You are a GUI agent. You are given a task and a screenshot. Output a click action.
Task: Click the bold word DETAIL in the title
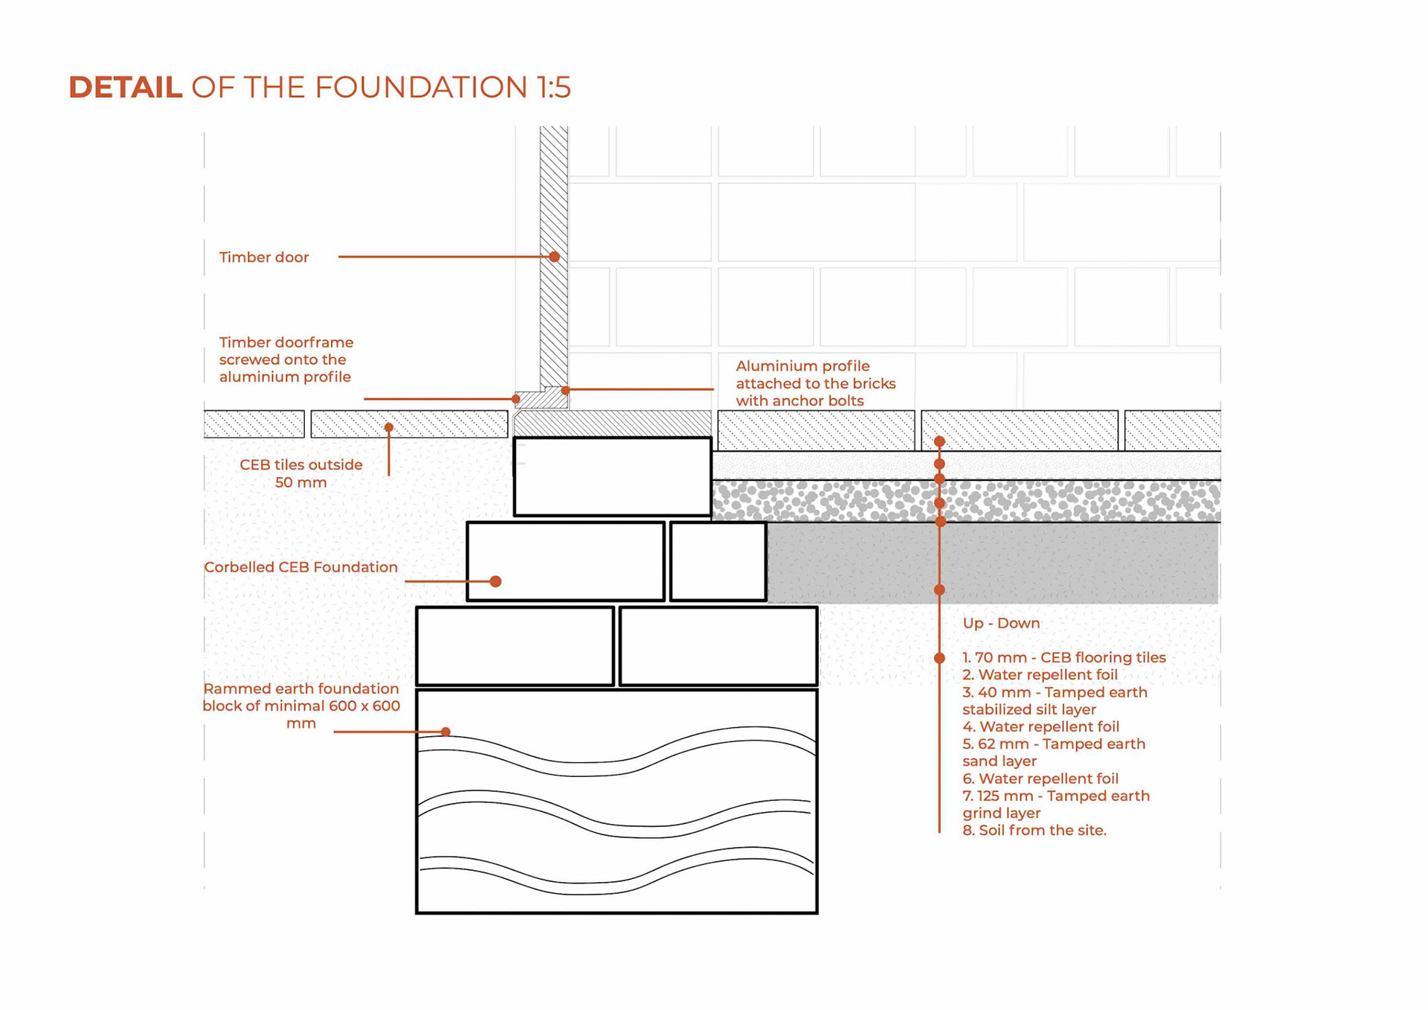(125, 87)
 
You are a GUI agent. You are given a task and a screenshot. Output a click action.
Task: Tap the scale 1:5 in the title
(553, 87)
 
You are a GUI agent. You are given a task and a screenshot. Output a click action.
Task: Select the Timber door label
(263, 257)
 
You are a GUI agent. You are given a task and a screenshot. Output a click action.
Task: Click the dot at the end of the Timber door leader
(554, 257)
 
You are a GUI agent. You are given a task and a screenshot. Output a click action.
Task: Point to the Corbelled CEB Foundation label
(300, 567)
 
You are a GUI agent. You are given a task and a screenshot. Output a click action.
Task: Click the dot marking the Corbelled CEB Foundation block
(496, 581)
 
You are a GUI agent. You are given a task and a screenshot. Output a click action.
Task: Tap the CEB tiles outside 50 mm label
(300, 473)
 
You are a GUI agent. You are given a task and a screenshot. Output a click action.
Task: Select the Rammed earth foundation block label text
(300, 706)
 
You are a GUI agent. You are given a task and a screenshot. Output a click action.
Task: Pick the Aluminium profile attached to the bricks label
(815, 383)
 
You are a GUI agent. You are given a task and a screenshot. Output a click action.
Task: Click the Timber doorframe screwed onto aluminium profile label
(286, 359)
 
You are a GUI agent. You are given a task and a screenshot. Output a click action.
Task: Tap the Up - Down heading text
(1000, 623)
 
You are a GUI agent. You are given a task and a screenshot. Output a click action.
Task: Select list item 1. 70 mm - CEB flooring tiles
(1064, 657)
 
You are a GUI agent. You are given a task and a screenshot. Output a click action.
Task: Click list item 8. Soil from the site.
(1034, 830)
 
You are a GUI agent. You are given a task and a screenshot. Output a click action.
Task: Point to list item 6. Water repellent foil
(1040, 779)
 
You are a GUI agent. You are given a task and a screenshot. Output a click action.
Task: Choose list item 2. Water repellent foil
(1040, 675)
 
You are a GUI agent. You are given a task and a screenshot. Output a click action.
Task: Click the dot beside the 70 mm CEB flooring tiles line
(939, 658)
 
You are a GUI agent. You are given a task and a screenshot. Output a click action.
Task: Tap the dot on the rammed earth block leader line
(446, 732)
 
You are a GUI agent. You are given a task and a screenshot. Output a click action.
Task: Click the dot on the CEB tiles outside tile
(388, 427)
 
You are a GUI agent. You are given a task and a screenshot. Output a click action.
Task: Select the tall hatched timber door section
(553, 253)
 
